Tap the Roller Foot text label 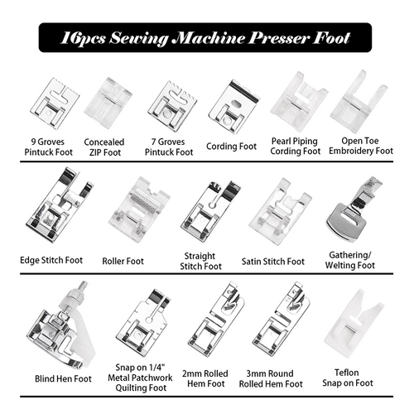pyautogui.click(x=123, y=260)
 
